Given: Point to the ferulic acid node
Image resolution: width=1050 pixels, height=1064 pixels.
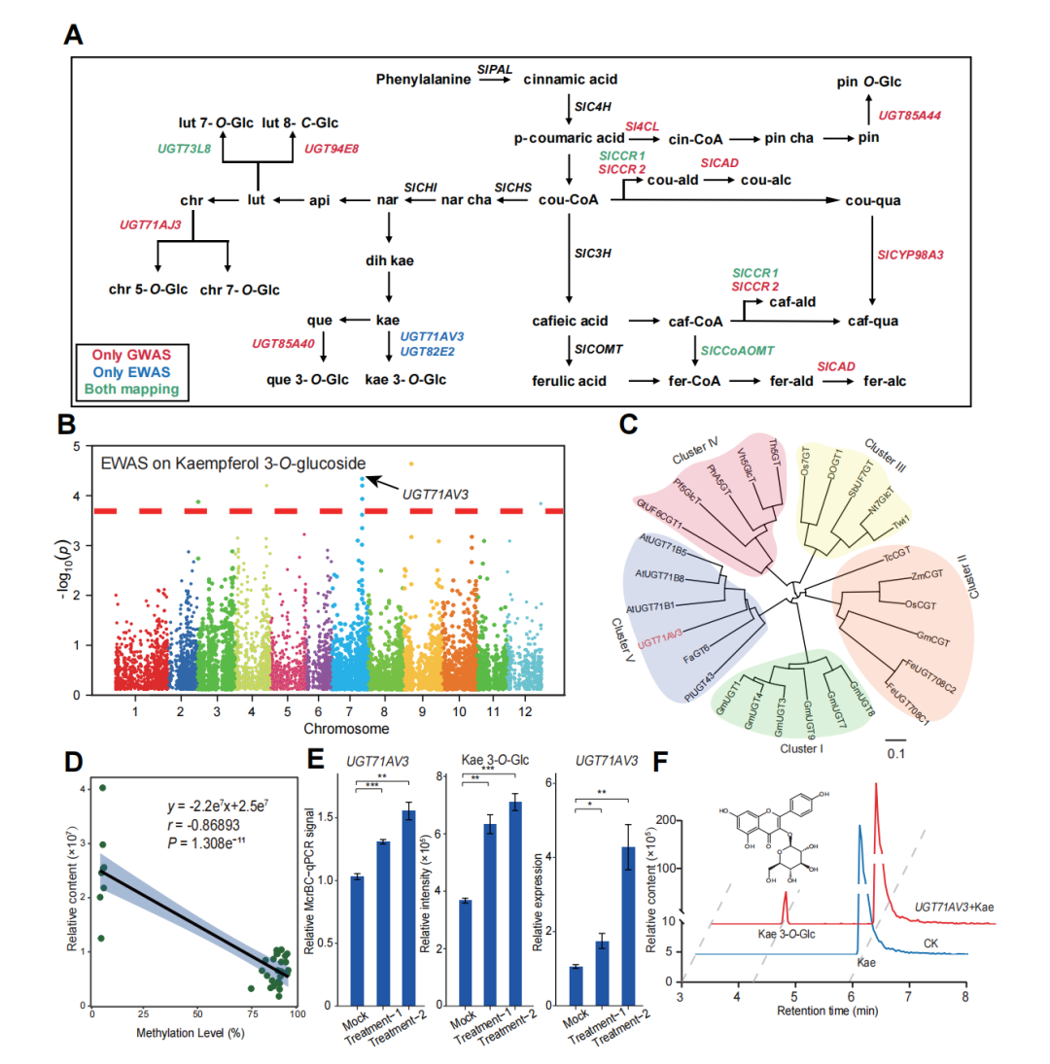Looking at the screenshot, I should click(568, 380).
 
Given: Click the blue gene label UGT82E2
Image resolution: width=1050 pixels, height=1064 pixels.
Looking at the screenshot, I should click(434, 351).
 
